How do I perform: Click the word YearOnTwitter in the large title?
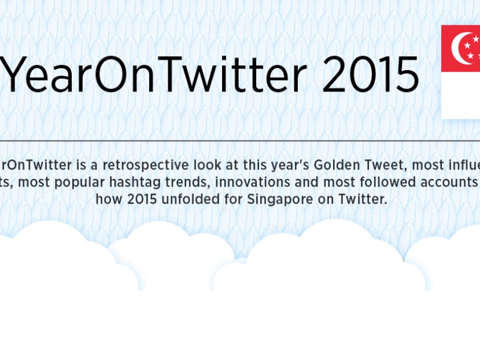pyautogui.click(x=156, y=76)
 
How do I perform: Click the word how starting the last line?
pyautogui.click(x=107, y=199)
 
